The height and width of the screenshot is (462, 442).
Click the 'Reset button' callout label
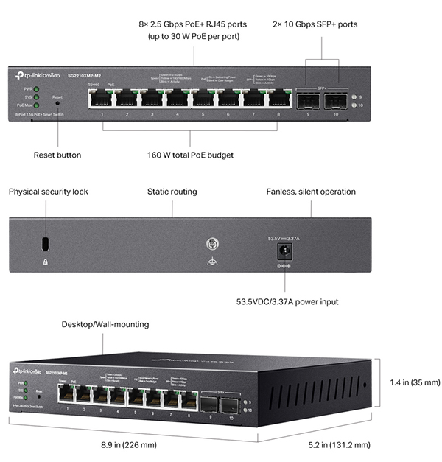click(x=57, y=155)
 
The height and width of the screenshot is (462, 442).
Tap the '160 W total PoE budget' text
click(x=190, y=155)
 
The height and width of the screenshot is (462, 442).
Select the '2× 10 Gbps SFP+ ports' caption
click(x=325, y=24)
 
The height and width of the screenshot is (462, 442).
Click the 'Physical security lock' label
click(x=48, y=192)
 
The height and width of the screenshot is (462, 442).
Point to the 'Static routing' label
click(x=173, y=192)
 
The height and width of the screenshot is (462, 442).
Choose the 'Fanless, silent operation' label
click(x=311, y=192)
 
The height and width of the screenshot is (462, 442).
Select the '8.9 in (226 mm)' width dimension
click(x=129, y=445)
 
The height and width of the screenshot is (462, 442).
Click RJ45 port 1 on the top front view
click(x=102, y=99)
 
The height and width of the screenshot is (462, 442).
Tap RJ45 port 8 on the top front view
click(x=278, y=99)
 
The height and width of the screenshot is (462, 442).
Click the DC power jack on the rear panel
click(x=281, y=251)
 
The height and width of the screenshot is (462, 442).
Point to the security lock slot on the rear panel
click(x=46, y=243)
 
